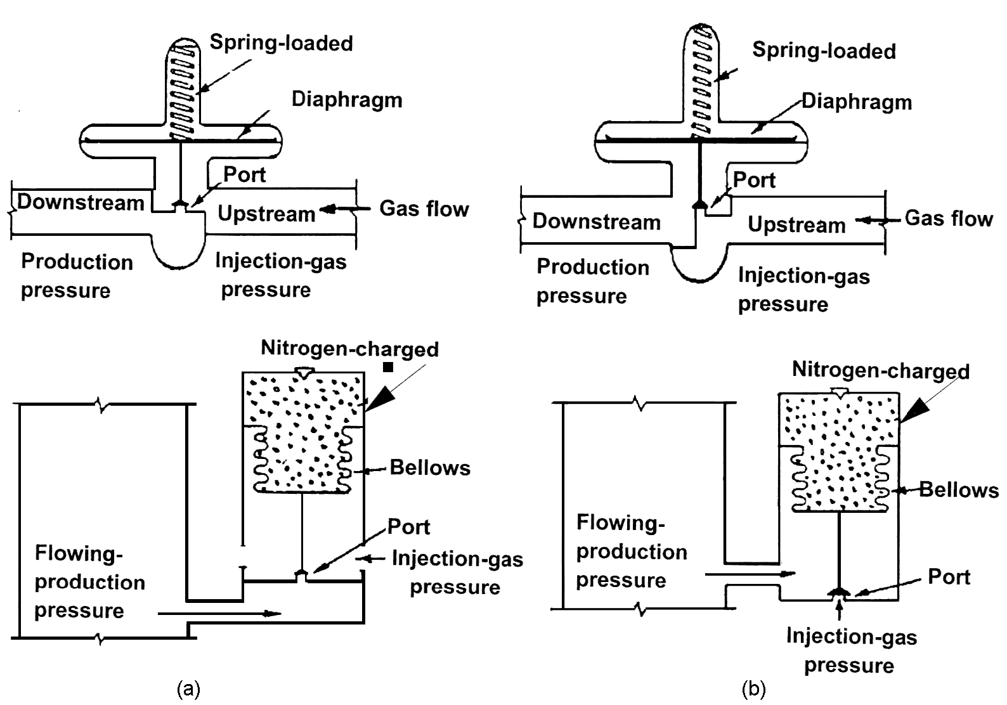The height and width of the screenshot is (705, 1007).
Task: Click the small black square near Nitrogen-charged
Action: tap(388, 367)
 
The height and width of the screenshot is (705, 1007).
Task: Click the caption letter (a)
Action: tap(188, 689)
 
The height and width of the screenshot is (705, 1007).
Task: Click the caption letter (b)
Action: tap(753, 689)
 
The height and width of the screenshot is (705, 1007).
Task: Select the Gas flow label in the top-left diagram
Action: tap(424, 209)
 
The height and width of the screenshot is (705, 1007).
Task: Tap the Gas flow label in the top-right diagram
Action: tap(948, 219)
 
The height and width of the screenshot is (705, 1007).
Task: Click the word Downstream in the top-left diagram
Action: tap(81, 202)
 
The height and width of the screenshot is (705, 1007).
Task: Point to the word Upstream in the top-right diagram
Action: tap(796, 224)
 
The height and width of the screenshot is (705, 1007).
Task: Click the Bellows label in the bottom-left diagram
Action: tap(430, 468)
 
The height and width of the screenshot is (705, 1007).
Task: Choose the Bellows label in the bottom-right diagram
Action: tap(959, 489)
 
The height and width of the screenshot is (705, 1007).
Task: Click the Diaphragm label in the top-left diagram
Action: tap(347, 100)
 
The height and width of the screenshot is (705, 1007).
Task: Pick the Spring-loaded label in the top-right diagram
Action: tap(824, 51)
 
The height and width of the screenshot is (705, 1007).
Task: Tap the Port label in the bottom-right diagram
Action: tap(949, 577)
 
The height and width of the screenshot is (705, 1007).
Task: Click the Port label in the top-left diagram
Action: tap(245, 174)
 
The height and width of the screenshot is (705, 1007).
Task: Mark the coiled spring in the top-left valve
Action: tap(184, 92)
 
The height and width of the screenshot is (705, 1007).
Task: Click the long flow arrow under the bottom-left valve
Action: tap(219, 614)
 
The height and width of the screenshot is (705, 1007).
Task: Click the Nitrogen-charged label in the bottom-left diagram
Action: tap(349, 349)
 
